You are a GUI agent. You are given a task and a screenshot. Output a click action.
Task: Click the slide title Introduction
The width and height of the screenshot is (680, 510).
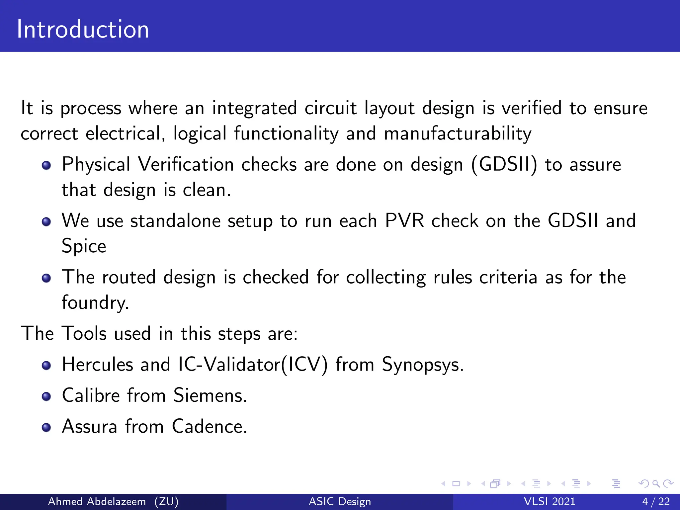coord(83,29)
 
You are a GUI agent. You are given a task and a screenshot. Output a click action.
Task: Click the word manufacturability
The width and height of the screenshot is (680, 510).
coord(458,133)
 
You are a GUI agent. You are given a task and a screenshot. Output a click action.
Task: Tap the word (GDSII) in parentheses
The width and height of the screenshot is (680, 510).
coord(504,164)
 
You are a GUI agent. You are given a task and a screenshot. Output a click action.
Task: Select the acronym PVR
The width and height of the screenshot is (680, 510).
coord(404,220)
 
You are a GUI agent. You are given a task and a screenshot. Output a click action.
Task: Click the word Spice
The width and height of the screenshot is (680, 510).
coord(84,246)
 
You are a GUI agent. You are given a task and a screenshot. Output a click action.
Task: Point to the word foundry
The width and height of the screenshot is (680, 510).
coord(95,302)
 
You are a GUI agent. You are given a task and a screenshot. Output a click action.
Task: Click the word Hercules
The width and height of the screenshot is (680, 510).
coord(97,364)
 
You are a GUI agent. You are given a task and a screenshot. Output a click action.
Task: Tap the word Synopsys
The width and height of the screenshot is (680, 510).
coord(422,365)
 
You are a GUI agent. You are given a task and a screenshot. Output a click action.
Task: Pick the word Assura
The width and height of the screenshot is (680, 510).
coord(90,426)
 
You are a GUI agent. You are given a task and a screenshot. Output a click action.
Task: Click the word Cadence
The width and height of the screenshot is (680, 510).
coord(209,426)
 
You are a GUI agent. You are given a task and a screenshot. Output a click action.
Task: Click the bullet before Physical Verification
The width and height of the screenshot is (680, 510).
coord(46,165)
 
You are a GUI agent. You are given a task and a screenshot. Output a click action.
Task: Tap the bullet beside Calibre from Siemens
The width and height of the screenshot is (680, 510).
coord(46,396)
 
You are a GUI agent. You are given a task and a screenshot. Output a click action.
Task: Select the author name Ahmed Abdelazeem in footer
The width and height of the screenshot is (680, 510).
coord(97,501)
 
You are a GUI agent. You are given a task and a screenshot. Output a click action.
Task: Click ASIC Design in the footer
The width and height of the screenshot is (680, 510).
coord(340,501)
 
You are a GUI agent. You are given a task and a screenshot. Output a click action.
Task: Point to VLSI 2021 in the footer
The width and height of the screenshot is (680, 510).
coord(549,501)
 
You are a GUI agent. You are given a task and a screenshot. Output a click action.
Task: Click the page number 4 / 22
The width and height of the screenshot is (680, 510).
coord(656,501)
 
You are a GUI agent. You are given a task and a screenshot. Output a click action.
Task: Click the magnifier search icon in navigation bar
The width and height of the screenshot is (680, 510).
coord(656,483)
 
